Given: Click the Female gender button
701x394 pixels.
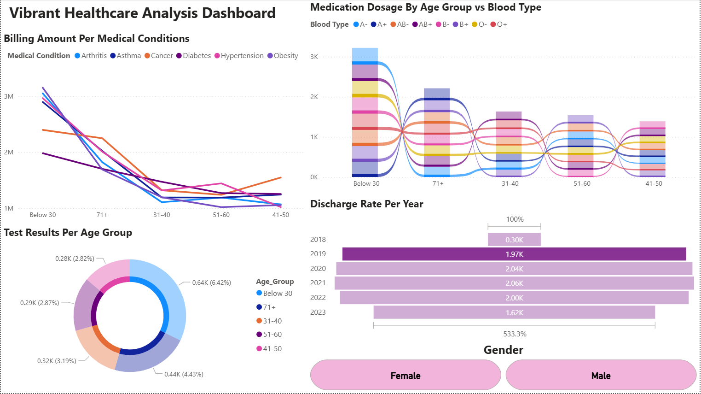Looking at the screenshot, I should (x=406, y=375).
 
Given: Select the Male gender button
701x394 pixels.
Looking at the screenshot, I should (x=601, y=375).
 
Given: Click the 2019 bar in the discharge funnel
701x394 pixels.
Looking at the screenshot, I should (x=514, y=254).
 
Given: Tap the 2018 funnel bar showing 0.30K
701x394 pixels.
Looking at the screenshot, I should (x=514, y=240).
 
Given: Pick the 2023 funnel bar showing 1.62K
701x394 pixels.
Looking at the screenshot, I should (x=514, y=312).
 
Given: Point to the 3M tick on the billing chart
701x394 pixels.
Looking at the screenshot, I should (x=9, y=96).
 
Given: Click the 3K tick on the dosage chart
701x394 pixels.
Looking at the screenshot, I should (x=314, y=57).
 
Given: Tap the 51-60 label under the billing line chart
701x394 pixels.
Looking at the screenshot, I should (x=221, y=215).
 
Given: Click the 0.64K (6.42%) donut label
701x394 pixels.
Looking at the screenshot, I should (x=211, y=282).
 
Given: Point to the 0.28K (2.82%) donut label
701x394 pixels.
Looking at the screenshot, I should (x=75, y=259).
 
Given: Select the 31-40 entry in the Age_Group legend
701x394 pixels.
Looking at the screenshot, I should (x=272, y=321).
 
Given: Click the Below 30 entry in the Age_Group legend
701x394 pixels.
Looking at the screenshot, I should (x=277, y=293).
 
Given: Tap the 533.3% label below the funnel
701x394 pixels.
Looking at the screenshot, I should (x=515, y=334).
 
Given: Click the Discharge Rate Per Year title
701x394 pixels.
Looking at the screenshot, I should (x=366, y=204).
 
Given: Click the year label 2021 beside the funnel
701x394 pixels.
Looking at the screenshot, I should (x=318, y=283).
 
